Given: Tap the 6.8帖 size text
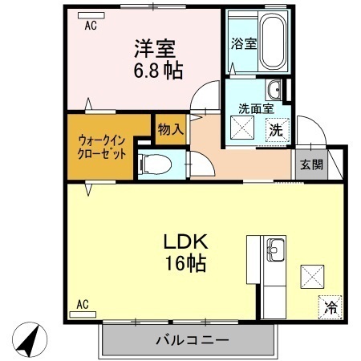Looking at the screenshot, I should point(157,70).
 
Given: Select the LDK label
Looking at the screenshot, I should point(187,241).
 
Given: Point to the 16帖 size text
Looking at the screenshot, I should point(187,264).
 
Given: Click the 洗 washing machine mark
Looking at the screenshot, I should point(275,128).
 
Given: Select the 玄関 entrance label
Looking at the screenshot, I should point(311,165).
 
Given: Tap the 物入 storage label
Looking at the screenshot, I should point(170,128).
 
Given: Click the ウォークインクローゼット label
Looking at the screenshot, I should point(102,147).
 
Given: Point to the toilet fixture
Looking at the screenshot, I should point(156,165).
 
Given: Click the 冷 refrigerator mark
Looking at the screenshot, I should point(331,306).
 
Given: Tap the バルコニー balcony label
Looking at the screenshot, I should point(192,340).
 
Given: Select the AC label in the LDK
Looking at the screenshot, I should point(82,304).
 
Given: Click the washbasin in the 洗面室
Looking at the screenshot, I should point(275,88).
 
